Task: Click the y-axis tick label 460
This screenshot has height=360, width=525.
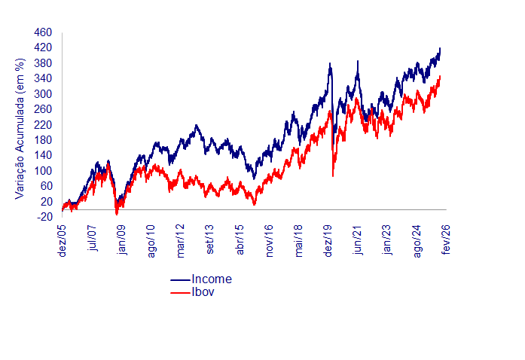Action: coord(43,33)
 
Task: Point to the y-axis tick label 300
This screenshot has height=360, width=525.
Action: coord(43,94)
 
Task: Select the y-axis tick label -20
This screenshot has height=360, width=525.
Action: coord(44,217)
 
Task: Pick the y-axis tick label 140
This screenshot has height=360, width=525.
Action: coord(43,156)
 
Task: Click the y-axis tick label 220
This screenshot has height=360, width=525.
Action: coord(43,125)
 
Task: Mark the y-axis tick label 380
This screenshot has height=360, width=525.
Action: coord(43,64)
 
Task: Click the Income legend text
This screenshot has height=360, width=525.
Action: coord(212,279)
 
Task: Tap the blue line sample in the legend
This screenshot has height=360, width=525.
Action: coord(181,280)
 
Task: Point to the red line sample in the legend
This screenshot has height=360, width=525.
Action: coord(181,292)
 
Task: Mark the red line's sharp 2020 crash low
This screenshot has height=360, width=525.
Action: coord(333,175)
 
